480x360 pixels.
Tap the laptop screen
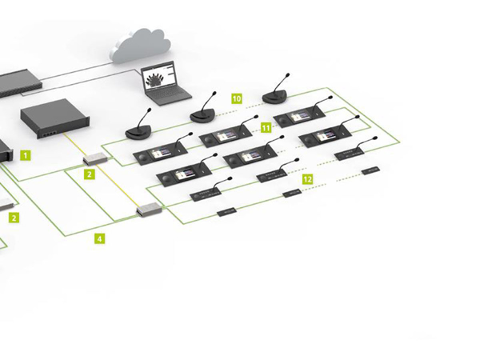click(x=162, y=81)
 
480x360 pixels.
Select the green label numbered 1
click(x=26, y=153)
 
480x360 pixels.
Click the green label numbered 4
click(x=99, y=238)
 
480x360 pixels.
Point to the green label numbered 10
click(x=236, y=98)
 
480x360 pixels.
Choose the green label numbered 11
click(x=266, y=128)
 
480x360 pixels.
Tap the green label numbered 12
click(x=306, y=181)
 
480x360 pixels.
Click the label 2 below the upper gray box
click(x=90, y=174)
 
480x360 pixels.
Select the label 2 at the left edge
click(x=14, y=216)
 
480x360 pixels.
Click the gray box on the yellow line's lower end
click(x=147, y=210)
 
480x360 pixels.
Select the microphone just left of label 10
click(x=203, y=115)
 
